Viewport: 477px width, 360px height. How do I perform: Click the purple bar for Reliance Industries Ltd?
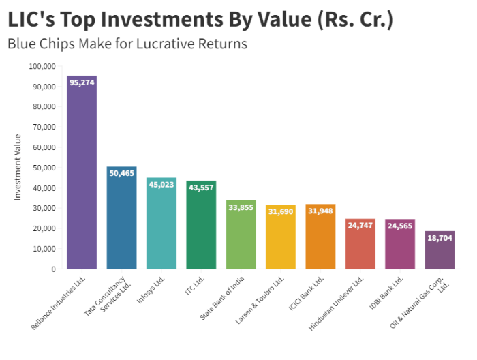[x=82, y=177]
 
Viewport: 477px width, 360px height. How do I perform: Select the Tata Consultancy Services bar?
[x=121, y=222]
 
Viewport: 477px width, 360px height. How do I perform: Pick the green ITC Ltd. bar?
[x=200, y=228]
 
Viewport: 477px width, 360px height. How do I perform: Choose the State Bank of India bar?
[x=241, y=238]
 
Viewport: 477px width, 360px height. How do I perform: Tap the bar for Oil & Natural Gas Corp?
[x=440, y=252]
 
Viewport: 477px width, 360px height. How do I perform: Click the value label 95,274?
[x=82, y=82]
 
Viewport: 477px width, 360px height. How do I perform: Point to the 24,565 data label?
[x=399, y=225]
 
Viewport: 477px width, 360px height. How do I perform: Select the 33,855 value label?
[x=241, y=207]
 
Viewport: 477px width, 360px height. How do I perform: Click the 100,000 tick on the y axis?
[x=42, y=67]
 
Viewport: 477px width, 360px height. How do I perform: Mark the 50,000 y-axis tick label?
[x=44, y=168]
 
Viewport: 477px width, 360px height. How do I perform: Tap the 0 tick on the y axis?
[x=53, y=269]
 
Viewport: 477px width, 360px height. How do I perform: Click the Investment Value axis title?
[x=18, y=167]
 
